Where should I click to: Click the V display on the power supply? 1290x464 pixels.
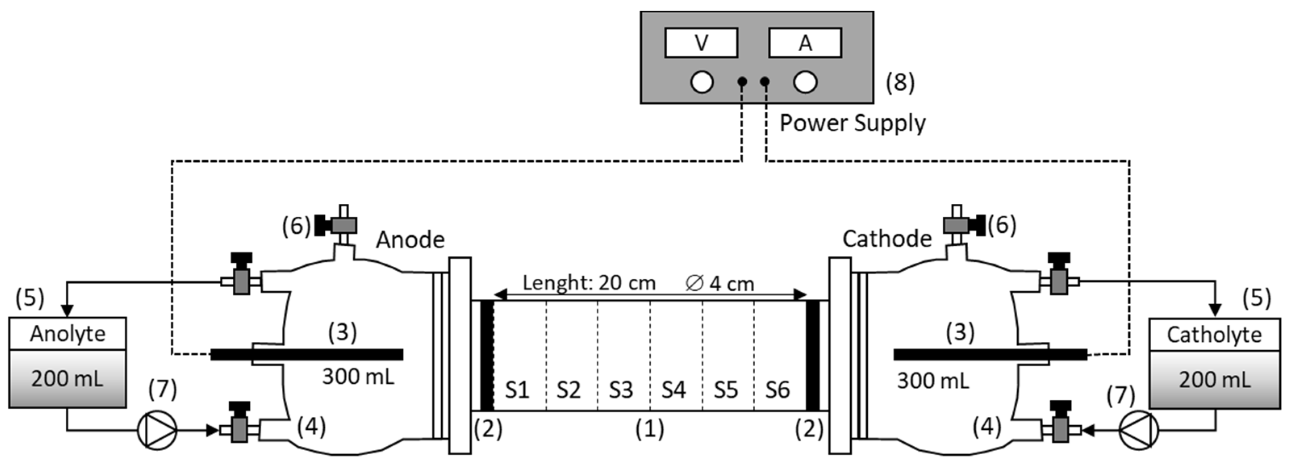pos(701,43)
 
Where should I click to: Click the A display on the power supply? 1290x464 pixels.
pos(805,43)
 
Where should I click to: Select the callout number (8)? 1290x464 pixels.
pos(900,82)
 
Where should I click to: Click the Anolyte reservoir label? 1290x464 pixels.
pos(68,334)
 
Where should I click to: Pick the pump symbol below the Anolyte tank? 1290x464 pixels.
pos(157,430)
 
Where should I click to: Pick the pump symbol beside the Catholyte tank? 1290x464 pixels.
pos(1138,430)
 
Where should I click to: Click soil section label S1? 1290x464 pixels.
pos(517,390)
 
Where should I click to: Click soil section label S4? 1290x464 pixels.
pos(674,390)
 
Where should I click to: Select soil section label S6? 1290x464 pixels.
pos(777,390)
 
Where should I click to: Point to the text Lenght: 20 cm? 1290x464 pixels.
pos(589,283)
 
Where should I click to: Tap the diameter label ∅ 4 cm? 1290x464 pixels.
pos(719,284)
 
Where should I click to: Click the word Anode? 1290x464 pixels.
pos(410,240)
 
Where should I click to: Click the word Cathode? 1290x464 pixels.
pos(887,238)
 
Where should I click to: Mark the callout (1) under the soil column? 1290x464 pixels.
pos(649,429)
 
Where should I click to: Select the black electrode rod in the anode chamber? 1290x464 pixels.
pos(307,355)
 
